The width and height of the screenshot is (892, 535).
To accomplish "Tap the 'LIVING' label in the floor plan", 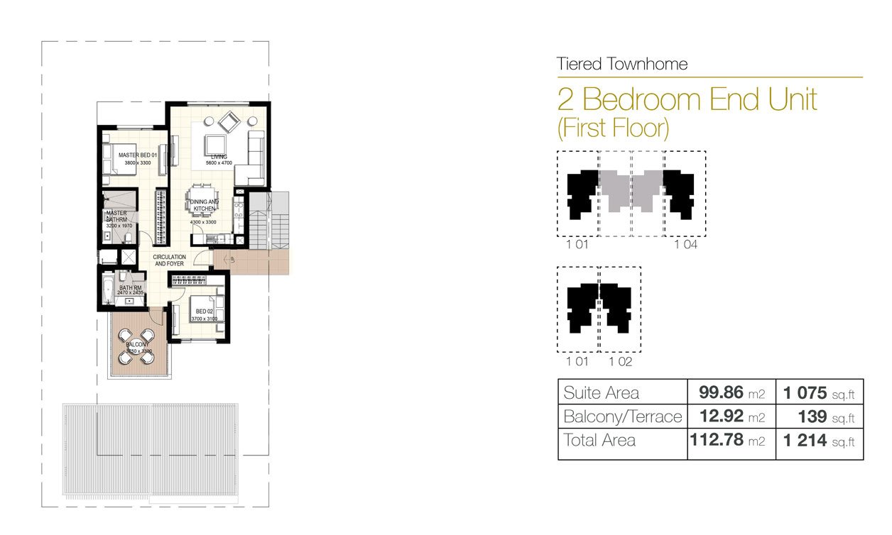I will [218, 155].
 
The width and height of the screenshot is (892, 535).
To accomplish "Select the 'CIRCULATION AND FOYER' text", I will [170, 260].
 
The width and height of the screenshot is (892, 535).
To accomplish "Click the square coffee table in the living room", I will [214, 141].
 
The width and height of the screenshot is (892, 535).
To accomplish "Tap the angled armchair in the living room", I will [230, 123].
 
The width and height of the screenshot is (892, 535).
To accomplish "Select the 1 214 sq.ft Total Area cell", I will [819, 441].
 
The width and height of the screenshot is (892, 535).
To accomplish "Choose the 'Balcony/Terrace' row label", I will [622, 417].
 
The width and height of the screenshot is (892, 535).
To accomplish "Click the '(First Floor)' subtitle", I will [614, 128].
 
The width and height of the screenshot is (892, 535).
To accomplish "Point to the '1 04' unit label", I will [685, 246].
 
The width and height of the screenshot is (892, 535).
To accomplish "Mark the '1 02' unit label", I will [620, 362].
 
